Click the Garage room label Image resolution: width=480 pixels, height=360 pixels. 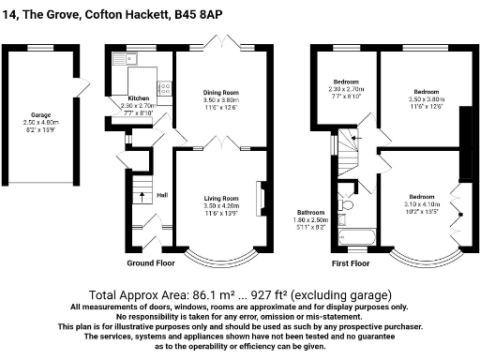[x=39, y=114]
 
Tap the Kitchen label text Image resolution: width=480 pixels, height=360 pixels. [x=138, y=97]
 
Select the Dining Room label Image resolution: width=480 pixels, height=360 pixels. [x=222, y=92]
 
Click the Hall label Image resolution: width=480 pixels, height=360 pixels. [x=162, y=194]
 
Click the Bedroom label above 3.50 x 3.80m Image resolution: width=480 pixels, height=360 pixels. [x=427, y=92]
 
